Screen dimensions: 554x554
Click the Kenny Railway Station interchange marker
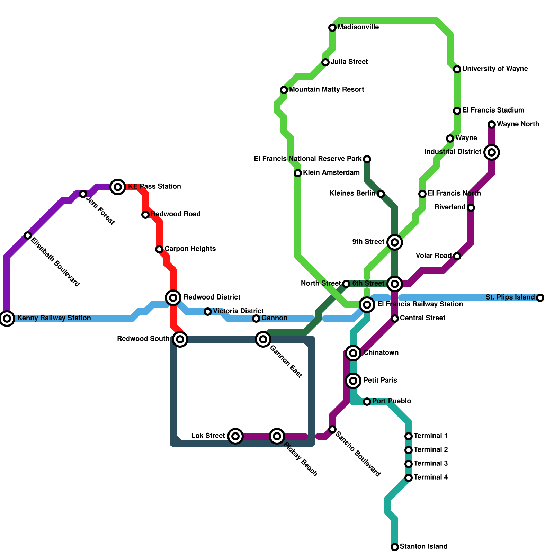(x=7, y=318)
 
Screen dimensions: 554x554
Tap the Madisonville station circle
(x=332, y=27)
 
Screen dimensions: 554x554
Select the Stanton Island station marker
(x=395, y=547)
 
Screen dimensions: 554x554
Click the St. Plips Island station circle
(x=540, y=297)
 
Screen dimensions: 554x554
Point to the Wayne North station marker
(x=492, y=124)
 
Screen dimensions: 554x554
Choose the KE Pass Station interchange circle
(x=118, y=187)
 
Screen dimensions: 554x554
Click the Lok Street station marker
(x=235, y=436)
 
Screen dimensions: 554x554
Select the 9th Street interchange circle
(x=395, y=242)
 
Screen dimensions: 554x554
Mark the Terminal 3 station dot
(x=409, y=464)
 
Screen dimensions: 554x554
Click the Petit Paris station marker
(x=353, y=381)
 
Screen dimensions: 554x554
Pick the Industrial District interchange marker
(x=492, y=152)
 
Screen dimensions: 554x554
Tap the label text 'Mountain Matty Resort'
(x=327, y=90)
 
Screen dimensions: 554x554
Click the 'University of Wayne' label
(x=495, y=69)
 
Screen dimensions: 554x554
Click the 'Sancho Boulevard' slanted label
(x=358, y=454)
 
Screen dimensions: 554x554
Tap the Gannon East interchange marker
(x=263, y=339)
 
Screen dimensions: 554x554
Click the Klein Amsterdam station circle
(x=298, y=173)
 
